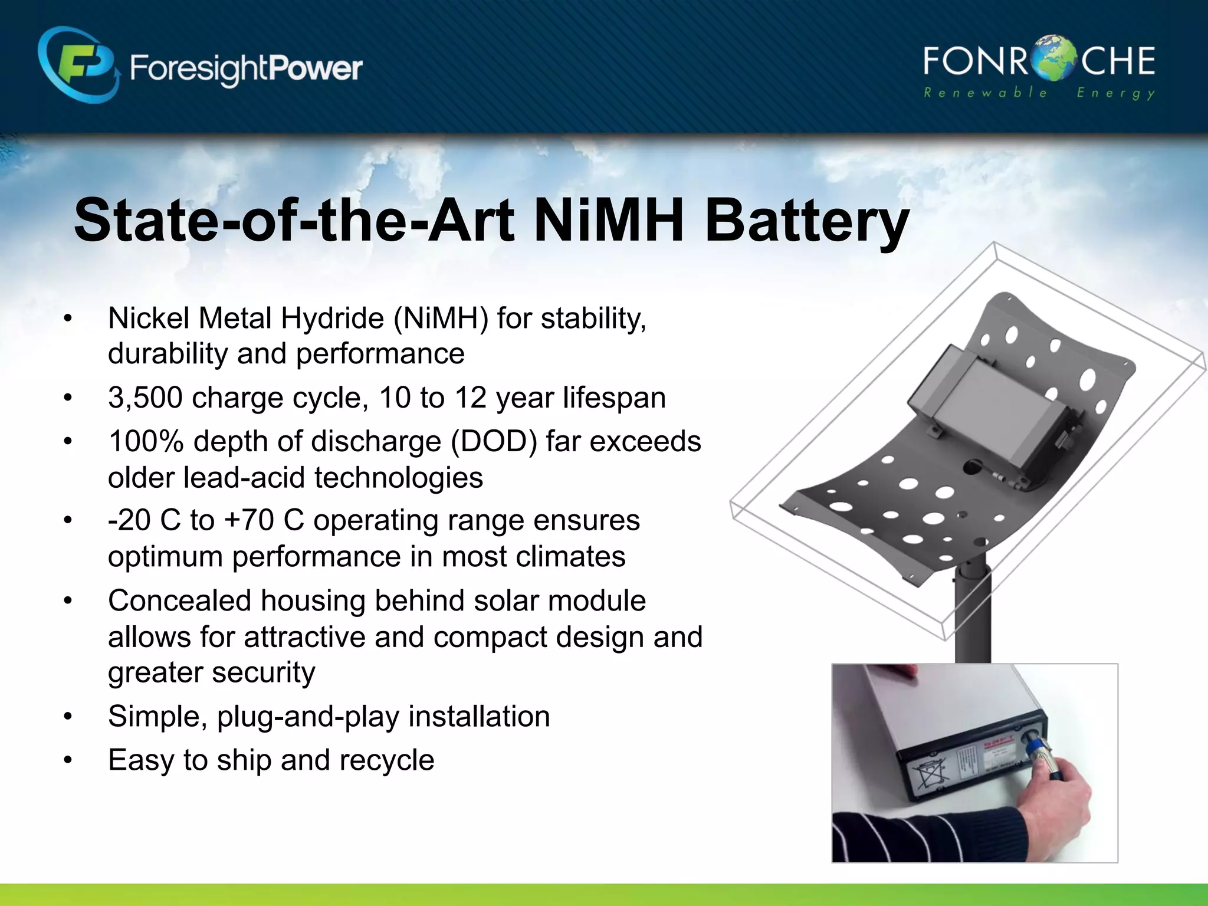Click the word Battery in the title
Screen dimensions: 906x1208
pyautogui.click(x=806, y=221)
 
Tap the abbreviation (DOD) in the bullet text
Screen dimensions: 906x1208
pyautogui.click(x=493, y=442)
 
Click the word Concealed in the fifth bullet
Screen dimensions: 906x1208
pyautogui.click(x=179, y=601)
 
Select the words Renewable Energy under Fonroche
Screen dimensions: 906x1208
pyautogui.click(x=1039, y=93)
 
